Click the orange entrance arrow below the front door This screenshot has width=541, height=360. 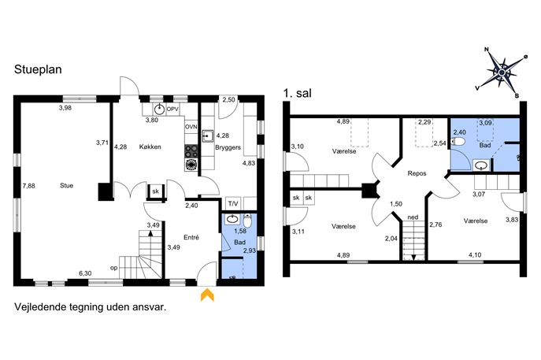(x=207, y=295)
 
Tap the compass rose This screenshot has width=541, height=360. (x=502, y=72)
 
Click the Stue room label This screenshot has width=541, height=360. (x=67, y=185)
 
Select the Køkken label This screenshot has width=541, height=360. (x=150, y=147)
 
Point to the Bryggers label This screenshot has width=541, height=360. (x=228, y=147)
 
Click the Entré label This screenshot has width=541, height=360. (x=191, y=237)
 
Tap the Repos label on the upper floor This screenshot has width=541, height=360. (x=417, y=173)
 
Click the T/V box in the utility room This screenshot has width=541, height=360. (x=233, y=204)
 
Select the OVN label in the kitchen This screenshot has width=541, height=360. (x=191, y=127)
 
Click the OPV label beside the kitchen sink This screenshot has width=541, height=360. (x=172, y=109)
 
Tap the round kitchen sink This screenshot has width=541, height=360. (x=159, y=109)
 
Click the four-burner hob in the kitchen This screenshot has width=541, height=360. (x=191, y=151)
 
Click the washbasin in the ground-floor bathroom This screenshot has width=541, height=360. (x=232, y=219)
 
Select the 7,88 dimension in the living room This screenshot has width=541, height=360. (x=28, y=186)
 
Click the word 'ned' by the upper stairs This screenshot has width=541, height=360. (x=413, y=217)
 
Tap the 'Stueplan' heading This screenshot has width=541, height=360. (x=38, y=69)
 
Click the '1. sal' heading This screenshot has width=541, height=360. (x=297, y=93)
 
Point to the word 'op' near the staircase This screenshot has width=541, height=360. (x=114, y=268)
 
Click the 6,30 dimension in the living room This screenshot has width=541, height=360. (x=85, y=273)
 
